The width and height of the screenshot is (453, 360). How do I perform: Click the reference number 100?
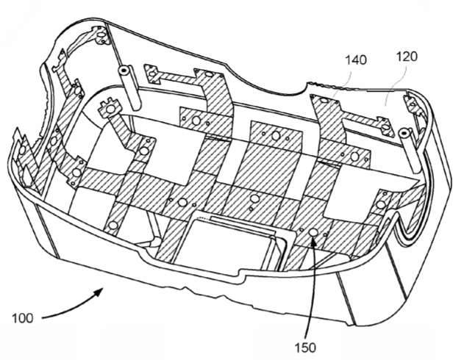point(23,318)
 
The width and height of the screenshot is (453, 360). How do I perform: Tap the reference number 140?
point(356,60)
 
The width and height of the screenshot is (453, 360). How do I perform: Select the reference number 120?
point(407,57)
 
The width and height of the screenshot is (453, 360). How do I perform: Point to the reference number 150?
point(305,348)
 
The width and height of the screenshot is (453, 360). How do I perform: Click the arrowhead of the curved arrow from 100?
point(99,292)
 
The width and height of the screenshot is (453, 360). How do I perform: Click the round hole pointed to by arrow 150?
point(313,231)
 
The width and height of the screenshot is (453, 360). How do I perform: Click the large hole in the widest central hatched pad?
point(277,135)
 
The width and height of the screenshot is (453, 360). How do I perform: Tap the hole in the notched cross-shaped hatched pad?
point(110,109)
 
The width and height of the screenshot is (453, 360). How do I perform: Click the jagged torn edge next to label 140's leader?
point(321,84)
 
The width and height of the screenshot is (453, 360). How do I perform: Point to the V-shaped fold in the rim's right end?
point(404,228)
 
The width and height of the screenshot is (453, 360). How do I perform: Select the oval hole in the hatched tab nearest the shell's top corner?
point(101,36)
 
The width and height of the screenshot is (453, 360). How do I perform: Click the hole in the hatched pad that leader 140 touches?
point(324,101)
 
